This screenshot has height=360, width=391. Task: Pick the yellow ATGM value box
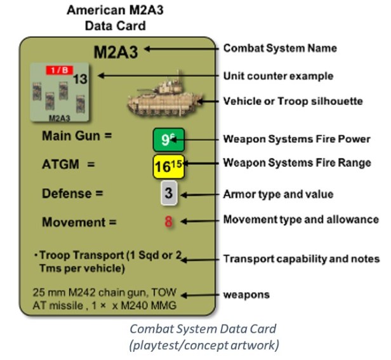[x=168, y=166]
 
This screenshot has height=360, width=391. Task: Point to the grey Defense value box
[x=168, y=194]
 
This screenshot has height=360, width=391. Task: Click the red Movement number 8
[x=168, y=222]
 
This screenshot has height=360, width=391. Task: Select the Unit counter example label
[x=278, y=76]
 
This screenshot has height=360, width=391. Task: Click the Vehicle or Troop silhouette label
[x=293, y=102]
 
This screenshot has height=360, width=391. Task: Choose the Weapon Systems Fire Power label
[x=296, y=139]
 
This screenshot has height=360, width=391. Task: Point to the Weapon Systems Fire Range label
[x=296, y=163]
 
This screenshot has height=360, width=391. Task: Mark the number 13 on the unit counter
[x=80, y=79]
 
